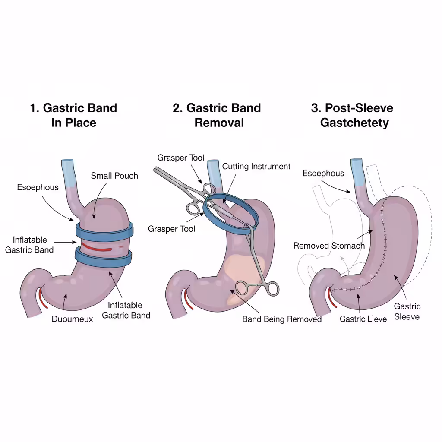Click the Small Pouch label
pyautogui.click(x=114, y=176)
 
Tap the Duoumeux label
pyautogui.click(x=73, y=319)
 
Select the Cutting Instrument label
pyautogui.click(x=256, y=167)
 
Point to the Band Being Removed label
pyautogui.click(x=282, y=319)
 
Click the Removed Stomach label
pyautogui.click(x=329, y=246)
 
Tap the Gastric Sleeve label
pyautogui.click(x=407, y=311)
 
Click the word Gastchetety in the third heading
pyautogui.click(x=354, y=123)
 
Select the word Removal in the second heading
pyautogui.click(x=219, y=123)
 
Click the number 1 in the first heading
pyautogui.click(x=34, y=108)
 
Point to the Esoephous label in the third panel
pyautogui.click(x=323, y=174)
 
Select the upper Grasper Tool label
pyautogui.click(x=180, y=158)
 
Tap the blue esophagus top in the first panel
pyautogui.click(x=68, y=171)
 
